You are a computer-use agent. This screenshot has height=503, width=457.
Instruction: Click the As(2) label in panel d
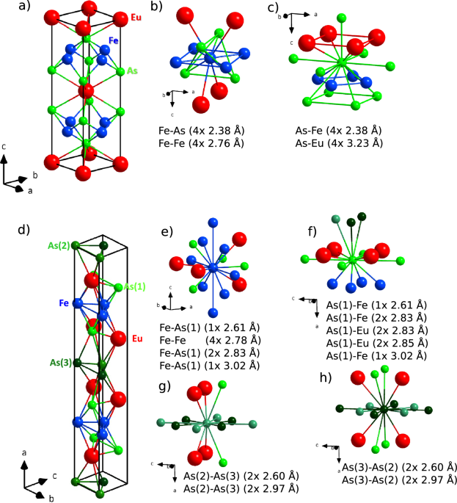pos(59,245)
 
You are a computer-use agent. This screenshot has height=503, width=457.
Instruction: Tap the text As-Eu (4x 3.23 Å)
pos(334,144)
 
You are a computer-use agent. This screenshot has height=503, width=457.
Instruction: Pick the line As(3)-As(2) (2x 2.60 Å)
pos(399,468)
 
